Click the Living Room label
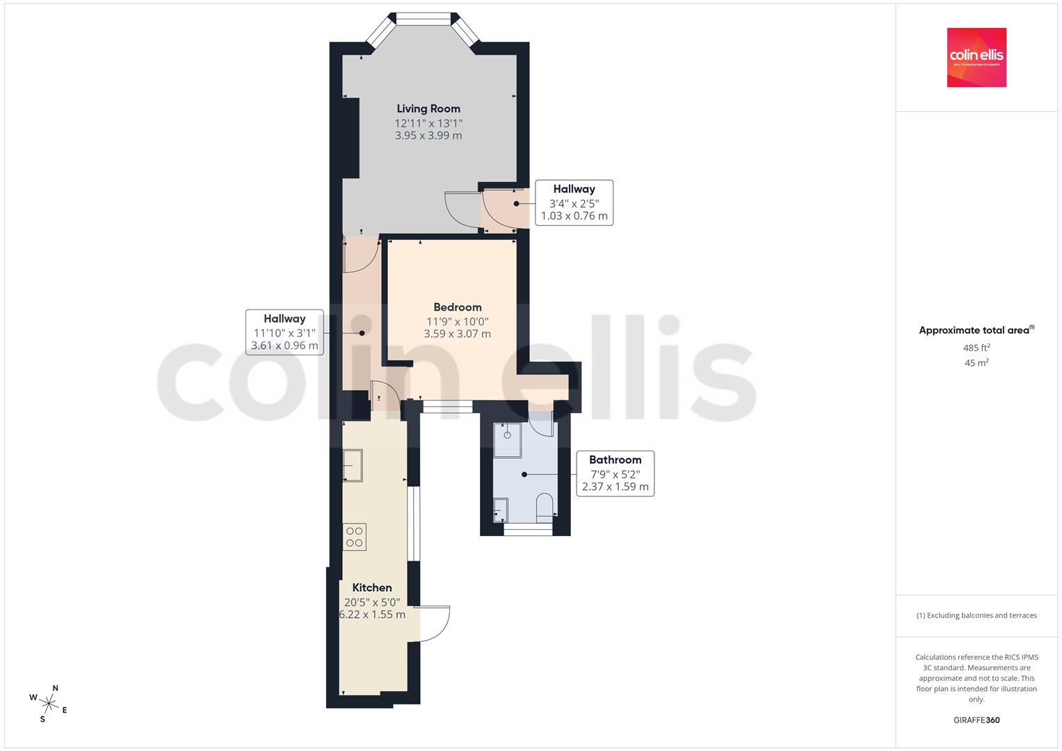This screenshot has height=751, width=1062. coord(428,108)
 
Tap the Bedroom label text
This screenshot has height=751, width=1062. coord(458,307)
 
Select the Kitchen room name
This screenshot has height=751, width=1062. coord(372,588)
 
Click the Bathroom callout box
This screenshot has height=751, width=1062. coord(616,473)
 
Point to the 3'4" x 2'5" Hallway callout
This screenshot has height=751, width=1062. coord(574,202)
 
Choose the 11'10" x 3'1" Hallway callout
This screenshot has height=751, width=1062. coord(284,332)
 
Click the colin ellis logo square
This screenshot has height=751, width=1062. coord(976,57)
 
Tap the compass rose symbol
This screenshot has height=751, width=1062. coord(49,704)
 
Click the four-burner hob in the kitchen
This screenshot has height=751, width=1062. coord(354,537)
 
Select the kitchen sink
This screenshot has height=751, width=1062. coord(353,465)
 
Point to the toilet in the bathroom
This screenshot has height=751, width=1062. coord(545,508)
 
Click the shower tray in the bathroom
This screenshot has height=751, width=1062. coord(507,440)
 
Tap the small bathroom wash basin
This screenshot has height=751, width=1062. coord(501,510)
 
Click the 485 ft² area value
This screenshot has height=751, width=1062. coord(976,348)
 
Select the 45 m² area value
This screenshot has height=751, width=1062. coord(976,363)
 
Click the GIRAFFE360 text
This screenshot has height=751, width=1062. coord(976,720)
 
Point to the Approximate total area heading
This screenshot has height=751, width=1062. coord(976,330)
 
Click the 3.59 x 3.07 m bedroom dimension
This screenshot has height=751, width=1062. coord(458,334)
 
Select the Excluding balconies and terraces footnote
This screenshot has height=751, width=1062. coord(976,615)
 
